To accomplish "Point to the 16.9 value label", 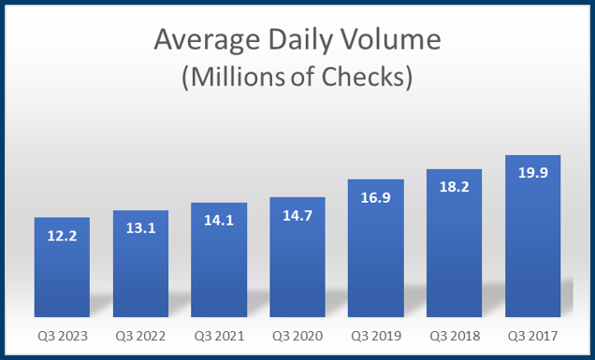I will [x=376, y=199].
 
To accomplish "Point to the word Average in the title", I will [x=200, y=41].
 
